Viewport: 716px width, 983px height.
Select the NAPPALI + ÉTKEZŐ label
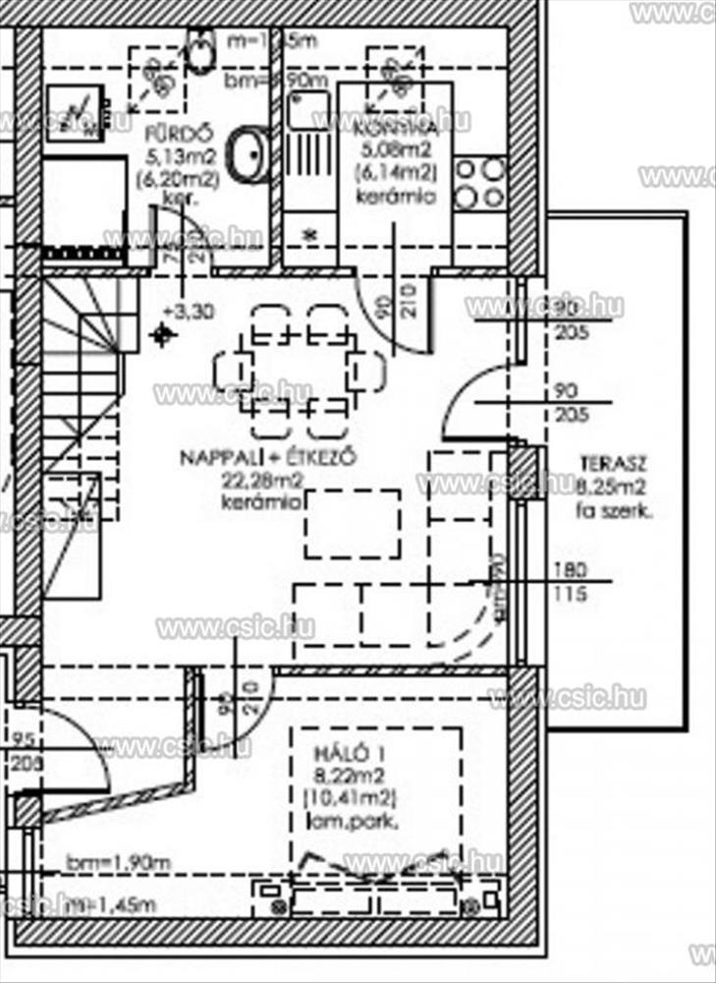[266, 457]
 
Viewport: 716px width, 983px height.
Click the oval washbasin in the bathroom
[247, 154]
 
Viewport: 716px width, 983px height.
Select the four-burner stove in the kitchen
[479, 183]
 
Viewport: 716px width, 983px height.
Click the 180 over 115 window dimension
[570, 581]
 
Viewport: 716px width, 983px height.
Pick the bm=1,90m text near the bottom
[118, 862]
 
